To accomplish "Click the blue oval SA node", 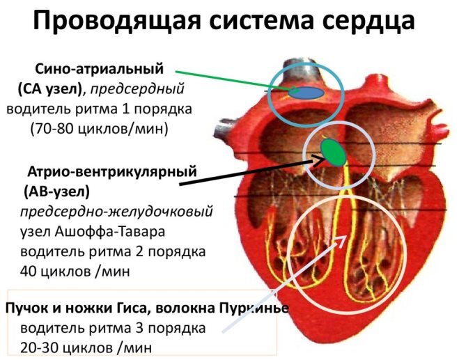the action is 307,91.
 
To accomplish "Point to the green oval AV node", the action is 333,152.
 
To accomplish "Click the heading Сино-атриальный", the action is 99,69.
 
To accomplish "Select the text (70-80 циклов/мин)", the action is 100,129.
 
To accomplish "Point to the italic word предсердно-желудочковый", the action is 116,210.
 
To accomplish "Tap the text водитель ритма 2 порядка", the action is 113,250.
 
